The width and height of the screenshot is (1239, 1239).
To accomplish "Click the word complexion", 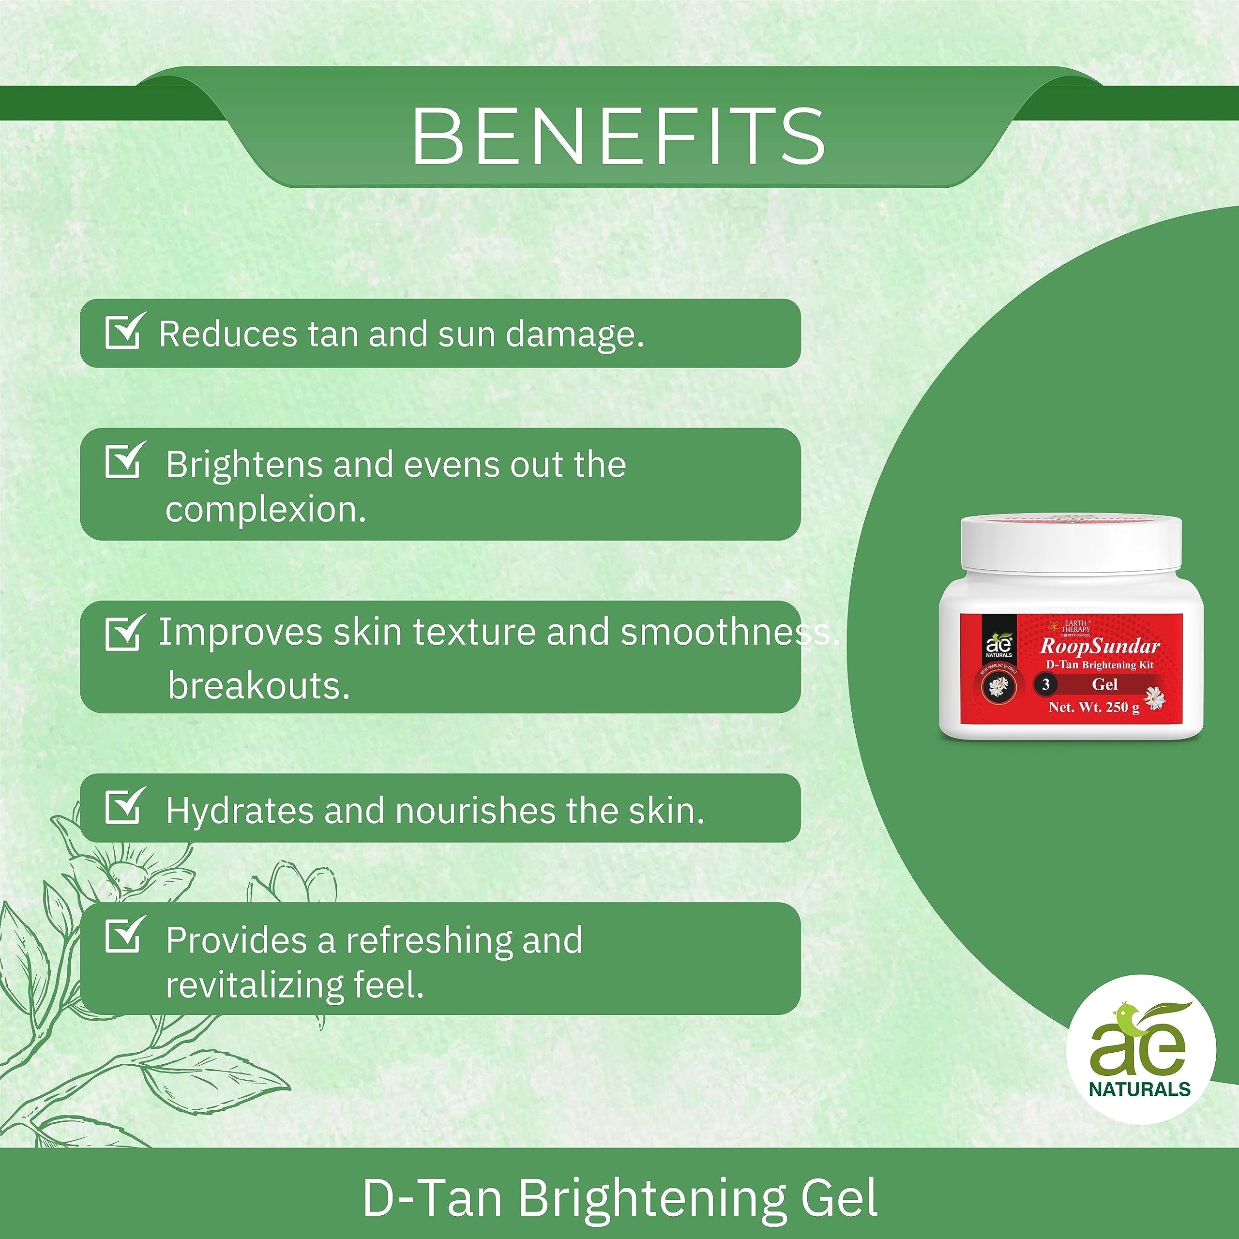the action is coord(266,511).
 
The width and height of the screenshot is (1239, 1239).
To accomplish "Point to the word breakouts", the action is coord(259,685).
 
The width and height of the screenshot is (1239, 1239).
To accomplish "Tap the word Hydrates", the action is coord(239,811).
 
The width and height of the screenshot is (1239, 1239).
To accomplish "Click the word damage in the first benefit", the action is coord(574,335).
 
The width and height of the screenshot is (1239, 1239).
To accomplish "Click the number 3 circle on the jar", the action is coord(1046,684).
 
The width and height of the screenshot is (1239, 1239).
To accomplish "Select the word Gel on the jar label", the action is coord(1105,684).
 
